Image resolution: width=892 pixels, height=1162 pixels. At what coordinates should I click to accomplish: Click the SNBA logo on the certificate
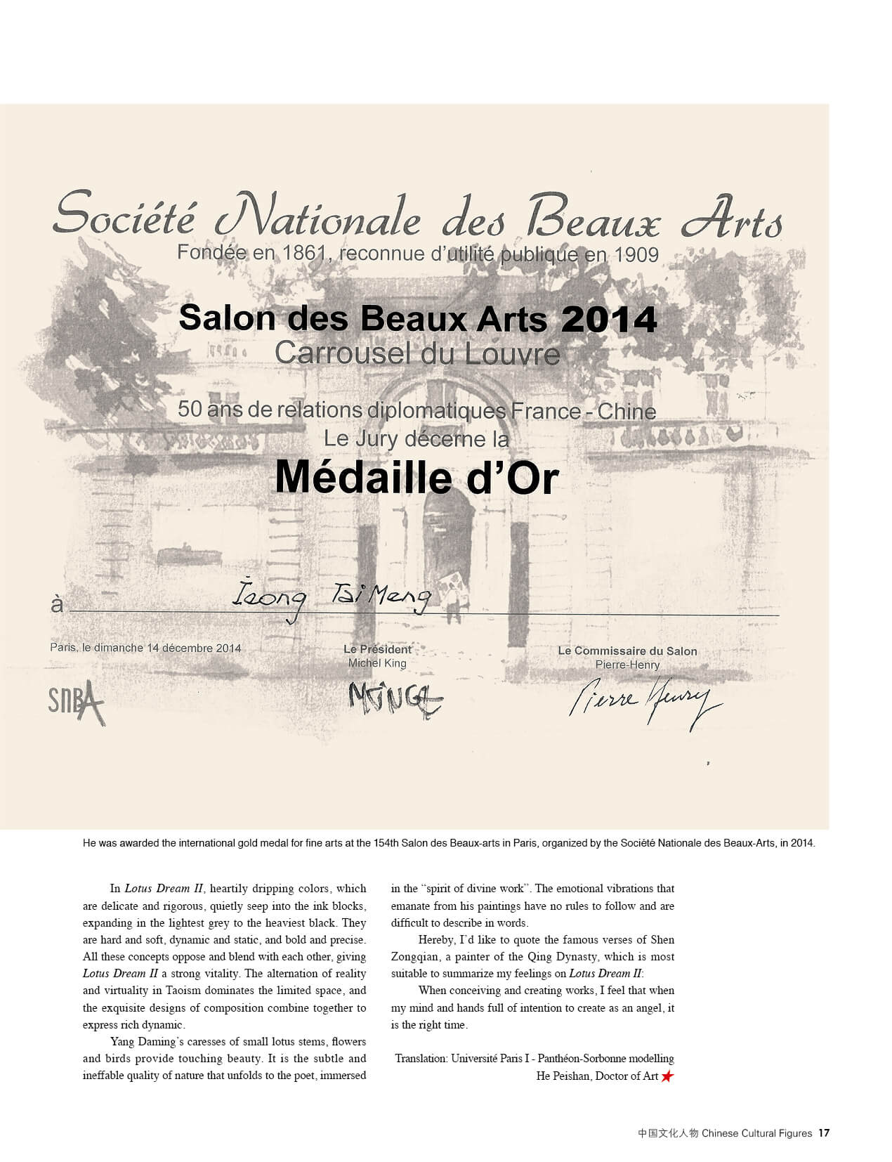[x=76, y=703]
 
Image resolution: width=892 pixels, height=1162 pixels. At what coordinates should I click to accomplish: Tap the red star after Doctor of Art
[x=667, y=1076]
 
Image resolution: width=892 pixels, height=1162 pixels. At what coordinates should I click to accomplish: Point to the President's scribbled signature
[x=395, y=698]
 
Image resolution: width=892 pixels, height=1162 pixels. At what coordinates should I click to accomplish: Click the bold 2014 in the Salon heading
[x=609, y=320]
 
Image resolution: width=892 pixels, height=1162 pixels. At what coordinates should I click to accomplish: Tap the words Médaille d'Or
[x=417, y=478]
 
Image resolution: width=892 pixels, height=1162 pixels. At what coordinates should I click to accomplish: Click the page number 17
[x=824, y=1133]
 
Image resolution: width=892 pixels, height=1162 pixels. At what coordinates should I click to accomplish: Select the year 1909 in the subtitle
[x=636, y=254]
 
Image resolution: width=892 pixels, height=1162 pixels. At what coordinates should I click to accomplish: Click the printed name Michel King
[x=377, y=663]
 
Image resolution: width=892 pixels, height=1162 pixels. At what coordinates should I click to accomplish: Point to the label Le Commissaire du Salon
[x=627, y=651]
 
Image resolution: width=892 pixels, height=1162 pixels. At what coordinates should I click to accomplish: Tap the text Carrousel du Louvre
[x=417, y=353]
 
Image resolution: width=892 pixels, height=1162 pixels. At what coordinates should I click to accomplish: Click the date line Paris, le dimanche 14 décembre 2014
[x=145, y=648]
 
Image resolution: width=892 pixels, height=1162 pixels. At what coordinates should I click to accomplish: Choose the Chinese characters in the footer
[x=668, y=1133]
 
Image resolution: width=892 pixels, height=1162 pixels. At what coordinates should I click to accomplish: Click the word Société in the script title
[x=124, y=214]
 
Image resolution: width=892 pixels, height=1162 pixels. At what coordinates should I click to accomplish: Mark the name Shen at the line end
[x=662, y=940]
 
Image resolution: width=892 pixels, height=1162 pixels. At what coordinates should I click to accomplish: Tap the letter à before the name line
[x=56, y=605]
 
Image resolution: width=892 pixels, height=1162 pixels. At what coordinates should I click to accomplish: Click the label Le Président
[x=377, y=650]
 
